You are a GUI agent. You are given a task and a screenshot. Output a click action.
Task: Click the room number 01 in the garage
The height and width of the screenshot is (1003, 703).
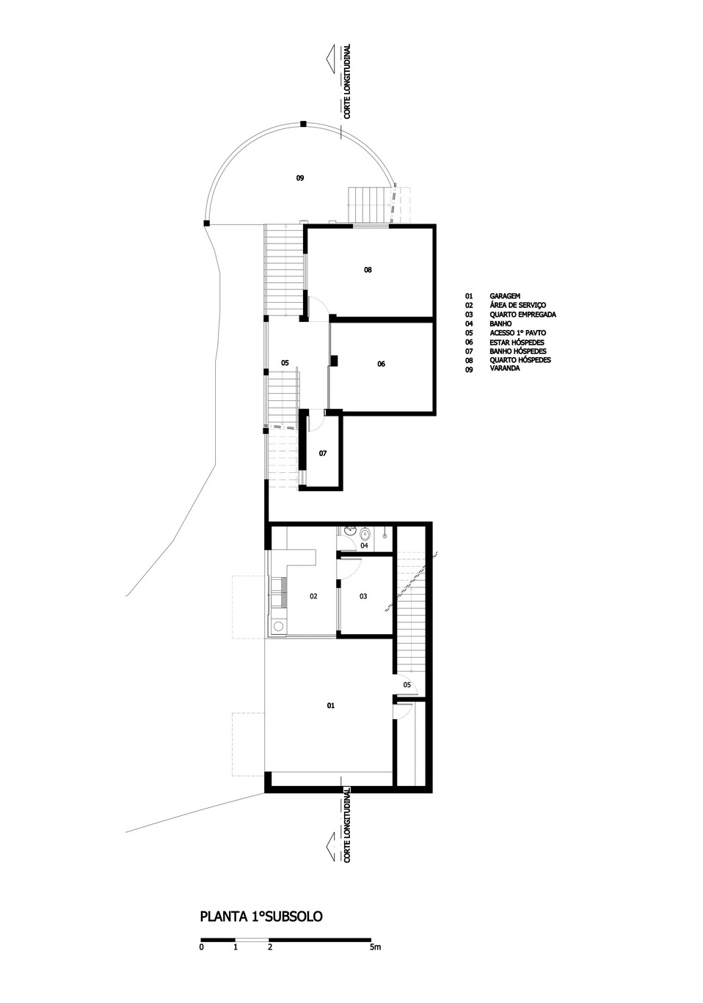[x=331, y=705]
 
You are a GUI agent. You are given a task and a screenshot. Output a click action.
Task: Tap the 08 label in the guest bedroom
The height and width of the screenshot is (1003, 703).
[x=368, y=270]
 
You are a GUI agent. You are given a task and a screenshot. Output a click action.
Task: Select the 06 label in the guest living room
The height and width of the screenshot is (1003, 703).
[x=381, y=364]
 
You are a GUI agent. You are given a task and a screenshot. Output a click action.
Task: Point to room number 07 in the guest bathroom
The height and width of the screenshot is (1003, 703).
[x=323, y=454]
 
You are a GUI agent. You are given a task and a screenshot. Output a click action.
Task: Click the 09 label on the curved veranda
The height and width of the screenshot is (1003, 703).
[x=299, y=177]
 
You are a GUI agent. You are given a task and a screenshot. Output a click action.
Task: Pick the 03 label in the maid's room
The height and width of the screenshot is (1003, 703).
[x=363, y=596]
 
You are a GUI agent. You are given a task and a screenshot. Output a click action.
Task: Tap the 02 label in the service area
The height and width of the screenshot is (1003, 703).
[x=313, y=596]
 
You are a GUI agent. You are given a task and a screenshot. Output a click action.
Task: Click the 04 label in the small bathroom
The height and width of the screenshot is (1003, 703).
[x=364, y=545]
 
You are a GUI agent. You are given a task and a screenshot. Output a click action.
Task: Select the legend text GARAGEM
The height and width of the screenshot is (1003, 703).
[x=505, y=296]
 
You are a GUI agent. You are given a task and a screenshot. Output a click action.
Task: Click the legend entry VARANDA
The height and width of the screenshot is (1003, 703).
[x=505, y=369]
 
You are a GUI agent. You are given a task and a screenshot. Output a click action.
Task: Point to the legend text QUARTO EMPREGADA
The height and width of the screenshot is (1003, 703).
[x=522, y=315]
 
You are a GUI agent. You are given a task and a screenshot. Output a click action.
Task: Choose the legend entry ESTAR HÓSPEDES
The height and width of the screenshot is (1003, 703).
[x=517, y=342]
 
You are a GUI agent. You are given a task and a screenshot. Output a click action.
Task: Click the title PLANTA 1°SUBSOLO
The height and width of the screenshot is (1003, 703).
[x=261, y=916]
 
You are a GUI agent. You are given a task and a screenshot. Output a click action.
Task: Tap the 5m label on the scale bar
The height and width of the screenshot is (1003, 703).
[x=375, y=947]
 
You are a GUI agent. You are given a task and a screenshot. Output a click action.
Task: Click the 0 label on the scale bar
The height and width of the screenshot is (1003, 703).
[x=202, y=947]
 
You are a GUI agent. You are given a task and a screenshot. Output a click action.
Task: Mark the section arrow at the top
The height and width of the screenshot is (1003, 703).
[x=332, y=58]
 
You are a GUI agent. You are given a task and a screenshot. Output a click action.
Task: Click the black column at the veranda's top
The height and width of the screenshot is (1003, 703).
[x=303, y=124]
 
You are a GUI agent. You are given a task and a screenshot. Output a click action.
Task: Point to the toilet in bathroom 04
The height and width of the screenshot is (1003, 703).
[x=363, y=534]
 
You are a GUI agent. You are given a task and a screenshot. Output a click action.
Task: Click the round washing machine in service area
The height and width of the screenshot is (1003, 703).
[x=278, y=625]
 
